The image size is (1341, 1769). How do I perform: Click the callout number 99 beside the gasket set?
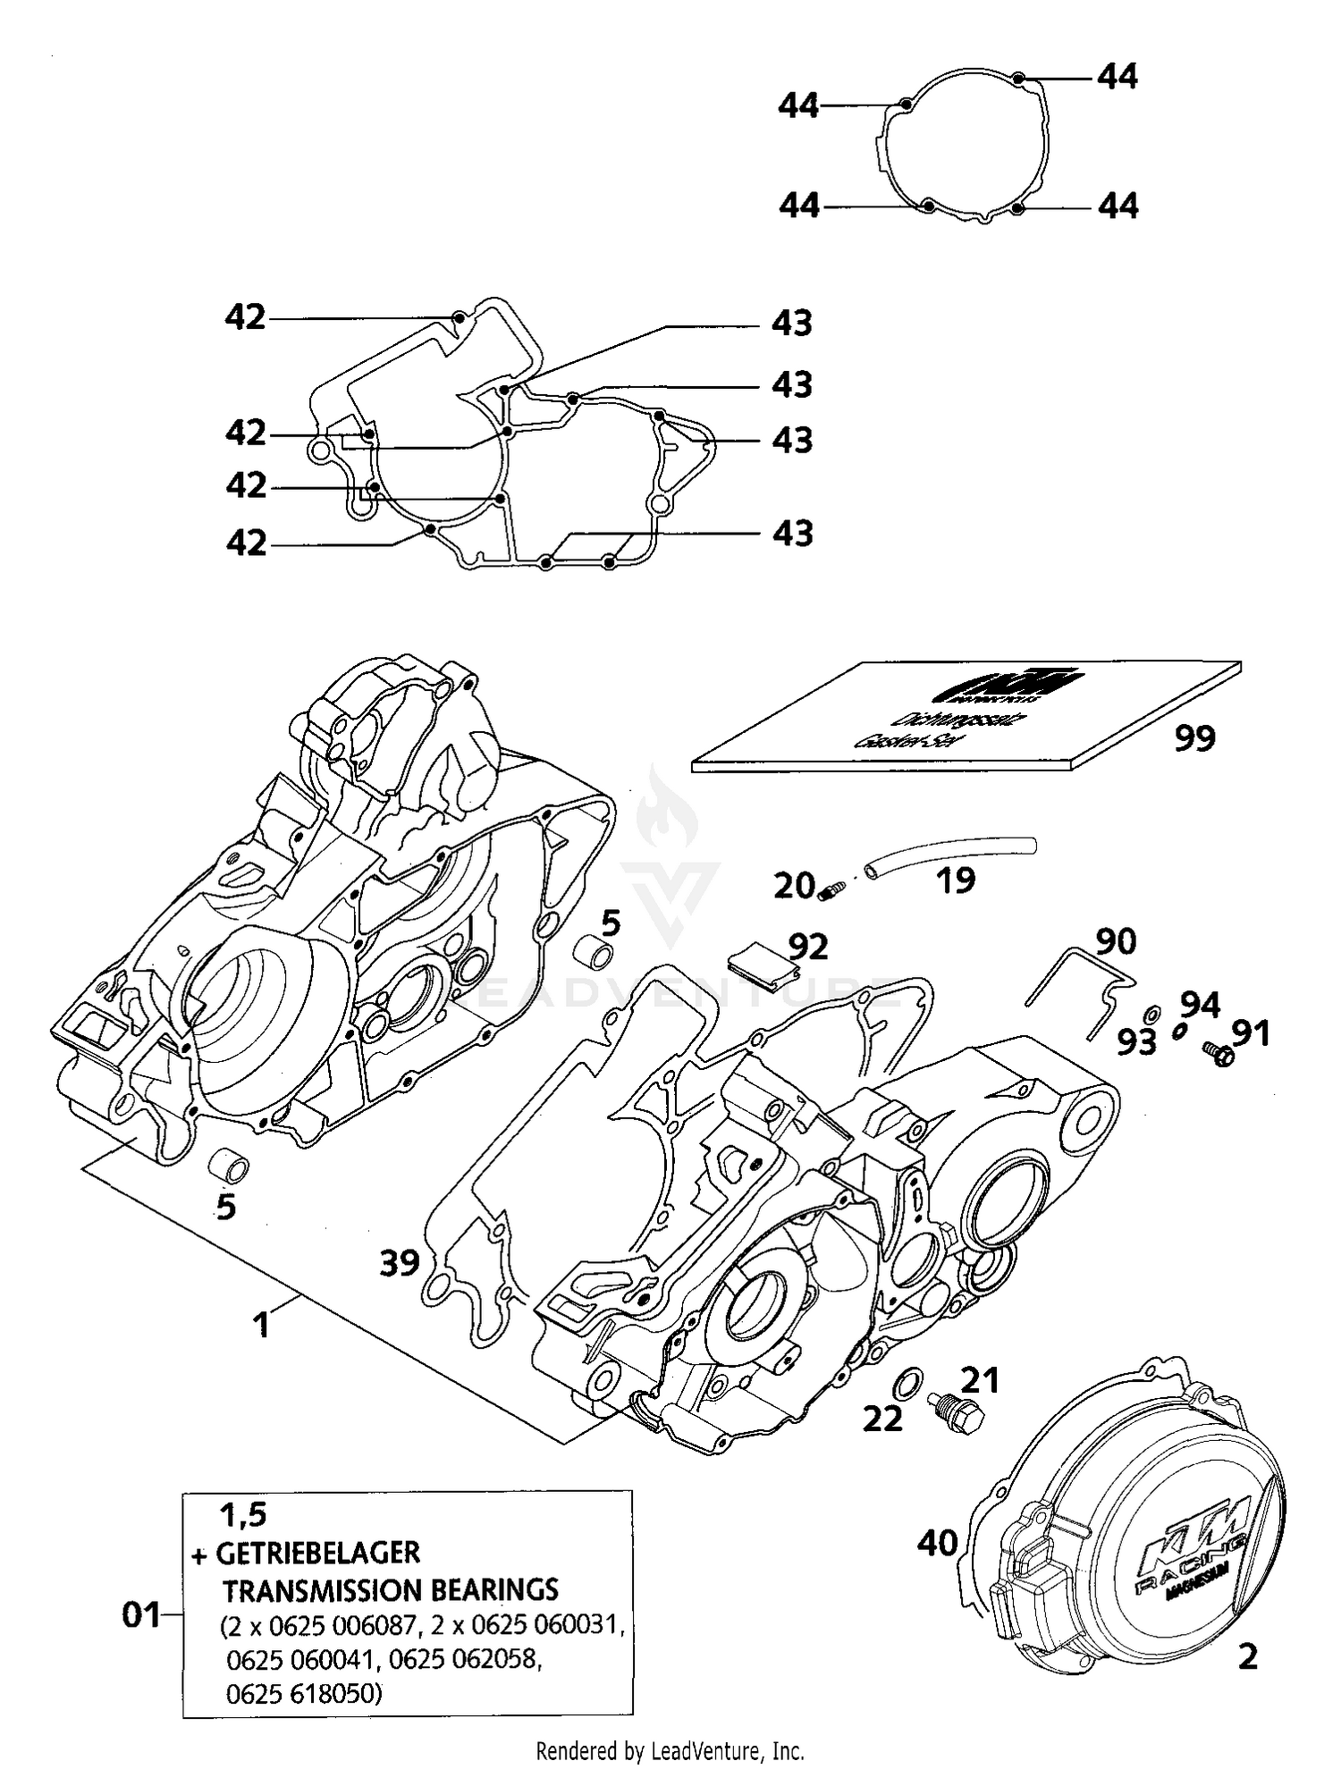1194,738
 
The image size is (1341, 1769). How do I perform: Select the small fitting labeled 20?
831,889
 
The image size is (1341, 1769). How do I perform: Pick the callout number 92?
808,947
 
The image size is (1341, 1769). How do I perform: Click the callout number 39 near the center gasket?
400,1263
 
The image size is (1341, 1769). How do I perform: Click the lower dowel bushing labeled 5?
229,1167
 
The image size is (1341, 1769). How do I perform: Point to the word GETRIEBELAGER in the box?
317,1553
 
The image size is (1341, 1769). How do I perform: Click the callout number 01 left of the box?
141,1615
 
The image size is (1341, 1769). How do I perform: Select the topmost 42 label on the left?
245,317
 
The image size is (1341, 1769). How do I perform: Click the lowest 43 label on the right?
792,534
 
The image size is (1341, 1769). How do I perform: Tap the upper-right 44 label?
1117,77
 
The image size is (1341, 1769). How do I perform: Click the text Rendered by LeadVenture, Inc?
670,1749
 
